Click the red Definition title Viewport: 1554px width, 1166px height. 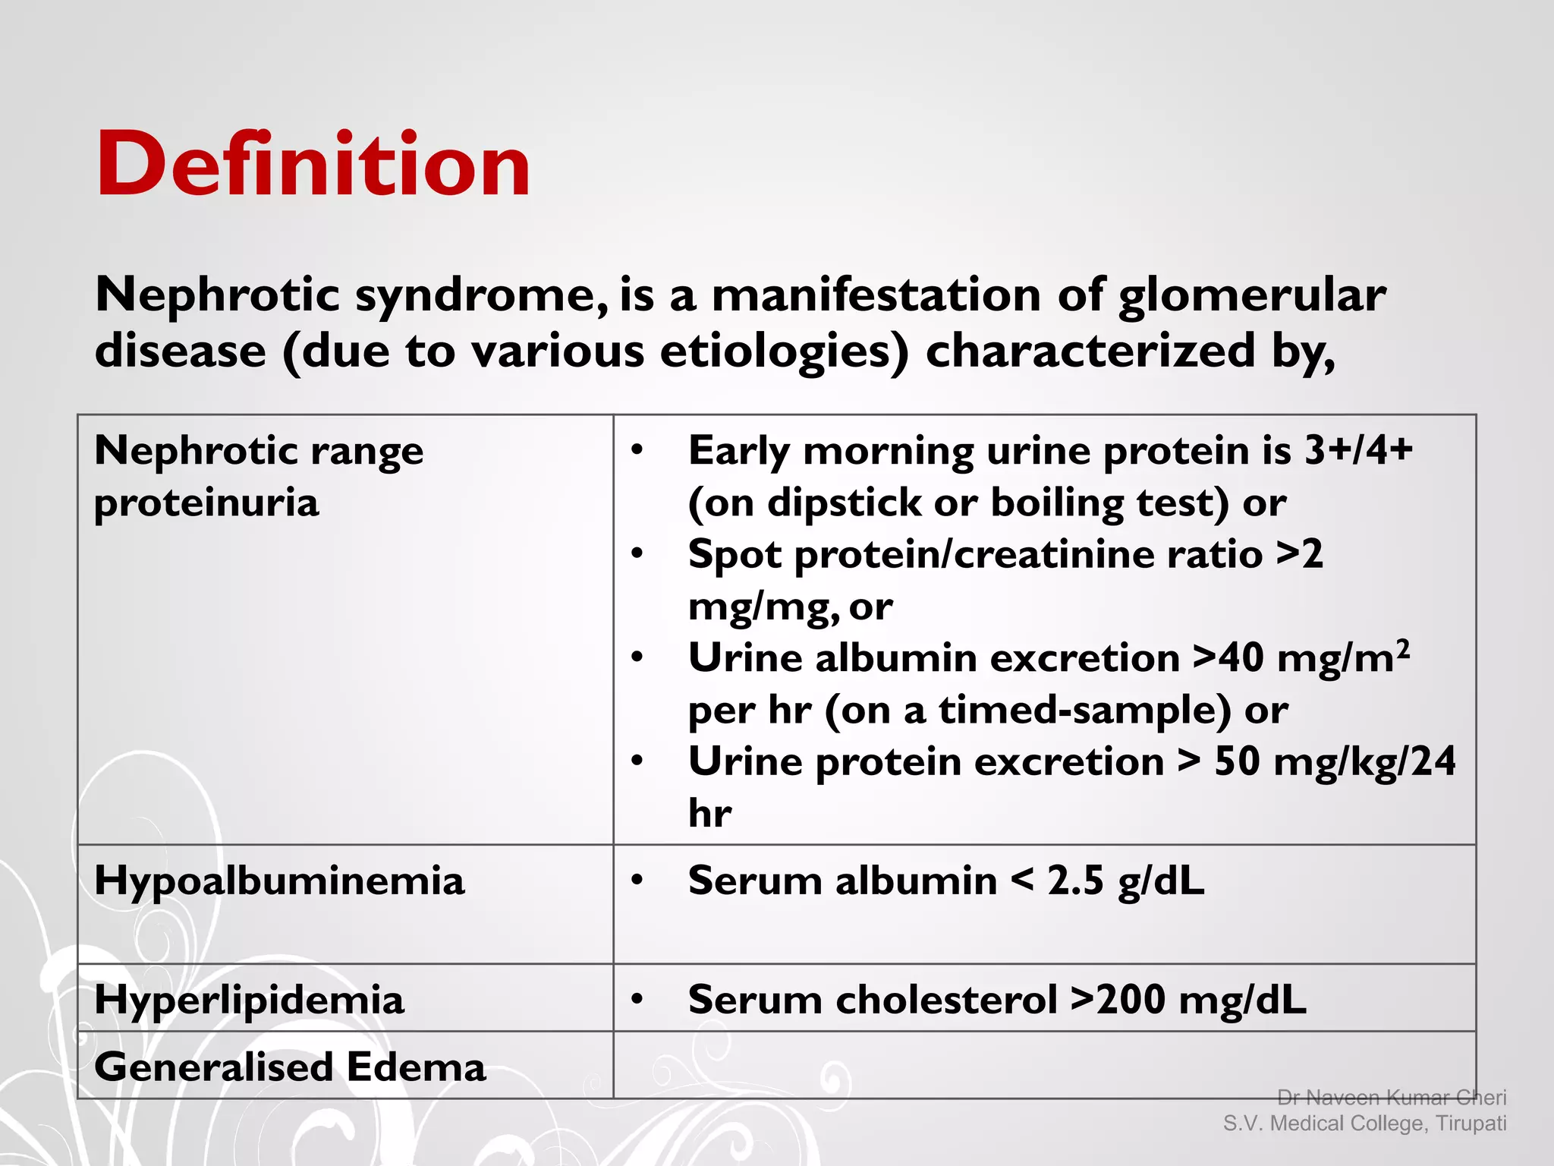[x=313, y=164]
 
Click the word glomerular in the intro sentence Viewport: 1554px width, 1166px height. [x=1252, y=295]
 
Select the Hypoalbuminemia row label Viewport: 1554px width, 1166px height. [x=278, y=881]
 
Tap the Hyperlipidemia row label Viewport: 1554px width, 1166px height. [x=249, y=1000]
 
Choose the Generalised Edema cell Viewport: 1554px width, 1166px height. [x=289, y=1067]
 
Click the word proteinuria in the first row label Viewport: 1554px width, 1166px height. [x=206, y=503]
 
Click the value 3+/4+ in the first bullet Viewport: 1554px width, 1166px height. [x=1357, y=450]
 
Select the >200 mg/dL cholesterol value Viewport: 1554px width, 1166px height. [x=1188, y=1000]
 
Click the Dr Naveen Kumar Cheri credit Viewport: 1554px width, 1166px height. [x=1391, y=1098]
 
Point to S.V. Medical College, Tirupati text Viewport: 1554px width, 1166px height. [x=1364, y=1123]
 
